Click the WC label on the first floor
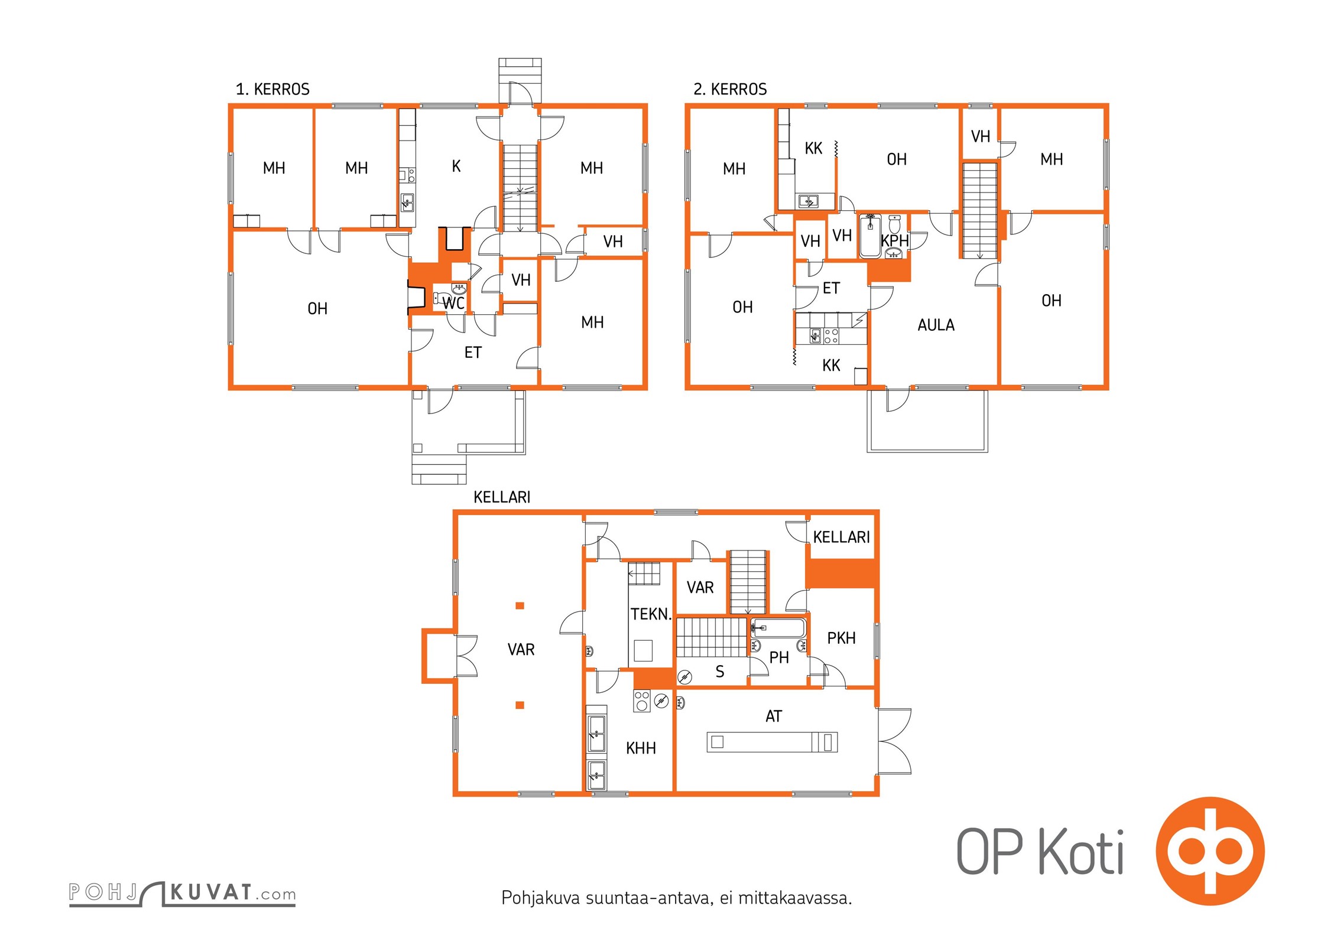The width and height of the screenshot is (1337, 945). (453, 304)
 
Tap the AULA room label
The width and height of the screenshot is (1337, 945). (936, 325)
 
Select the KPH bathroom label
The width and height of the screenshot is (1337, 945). (894, 241)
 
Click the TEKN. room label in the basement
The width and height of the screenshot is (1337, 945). (651, 614)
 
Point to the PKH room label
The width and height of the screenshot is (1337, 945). (841, 638)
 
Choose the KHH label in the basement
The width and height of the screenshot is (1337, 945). (641, 748)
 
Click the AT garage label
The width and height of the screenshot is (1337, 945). (774, 716)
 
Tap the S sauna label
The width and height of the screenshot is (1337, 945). (719, 672)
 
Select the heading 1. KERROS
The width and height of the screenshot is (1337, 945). (272, 89)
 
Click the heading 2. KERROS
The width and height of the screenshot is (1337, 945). (730, 89)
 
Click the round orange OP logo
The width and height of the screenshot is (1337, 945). (1210, 851)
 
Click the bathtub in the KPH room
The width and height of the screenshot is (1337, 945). (870, 236)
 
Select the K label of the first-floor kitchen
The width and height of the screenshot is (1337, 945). (456, 167)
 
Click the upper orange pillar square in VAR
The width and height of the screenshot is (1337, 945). (520, 605)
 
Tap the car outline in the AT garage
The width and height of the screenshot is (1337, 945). (773, 742)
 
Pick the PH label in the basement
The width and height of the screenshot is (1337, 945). (779, 657)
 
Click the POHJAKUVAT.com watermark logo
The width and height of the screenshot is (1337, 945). (182, 893)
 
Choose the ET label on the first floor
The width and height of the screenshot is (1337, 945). (473, 353)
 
